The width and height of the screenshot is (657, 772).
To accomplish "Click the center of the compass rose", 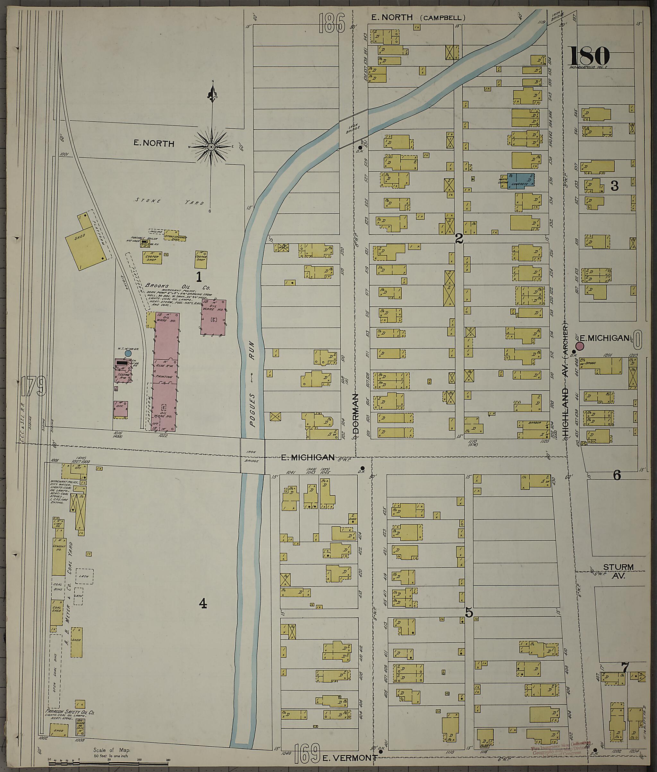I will click(211, 147).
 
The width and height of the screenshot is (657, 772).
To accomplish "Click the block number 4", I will click(203, 603).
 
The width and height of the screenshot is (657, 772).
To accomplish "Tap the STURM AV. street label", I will click(618, 571).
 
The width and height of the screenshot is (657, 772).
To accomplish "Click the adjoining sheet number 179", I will click(33, 386).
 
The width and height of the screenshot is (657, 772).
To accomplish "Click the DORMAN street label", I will click(356, 414).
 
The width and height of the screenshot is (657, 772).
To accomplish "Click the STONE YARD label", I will click(169, 202).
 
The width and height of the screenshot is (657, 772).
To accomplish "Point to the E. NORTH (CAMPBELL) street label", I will click(415, 18).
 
